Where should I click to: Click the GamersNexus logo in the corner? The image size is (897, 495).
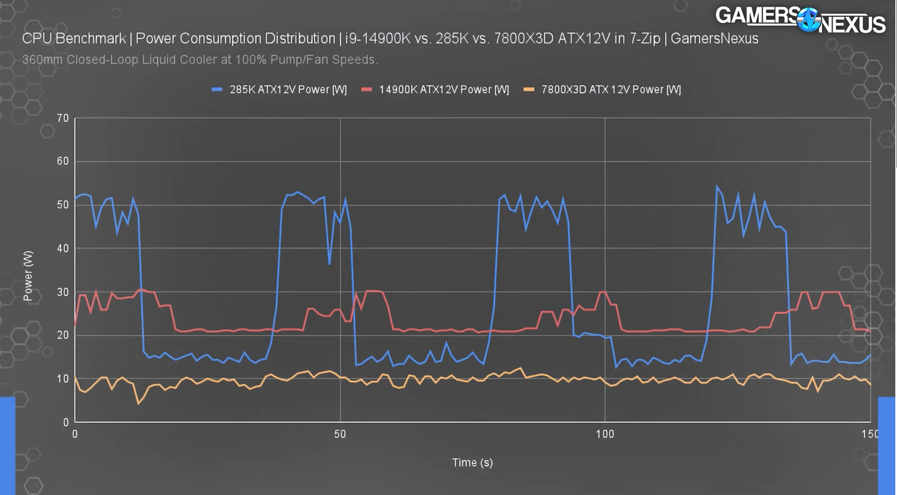[800, 20]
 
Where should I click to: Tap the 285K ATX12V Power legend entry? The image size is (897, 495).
[280, 89]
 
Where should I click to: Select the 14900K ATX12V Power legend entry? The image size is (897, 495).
[436, 89]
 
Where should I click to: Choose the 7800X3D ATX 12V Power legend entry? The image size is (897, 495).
[602, 89]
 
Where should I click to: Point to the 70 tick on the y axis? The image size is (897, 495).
[63, 118]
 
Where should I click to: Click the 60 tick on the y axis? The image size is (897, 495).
[63, 161]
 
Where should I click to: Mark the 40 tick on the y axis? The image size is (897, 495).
[63, 248]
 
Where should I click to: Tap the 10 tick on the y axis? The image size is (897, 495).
[63, 379]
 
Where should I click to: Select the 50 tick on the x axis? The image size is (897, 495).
[340, 434]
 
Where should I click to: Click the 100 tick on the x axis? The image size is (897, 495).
[605, 434]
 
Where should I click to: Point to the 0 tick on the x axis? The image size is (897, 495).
[75, 434]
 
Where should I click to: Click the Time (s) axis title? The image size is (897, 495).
[472, 463]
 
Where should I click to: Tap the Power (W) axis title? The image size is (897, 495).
[28, 276]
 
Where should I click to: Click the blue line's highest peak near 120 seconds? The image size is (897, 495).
[716, 186]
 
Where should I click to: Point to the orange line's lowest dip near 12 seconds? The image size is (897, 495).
[139, 403]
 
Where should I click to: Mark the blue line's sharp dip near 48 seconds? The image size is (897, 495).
[330, 264]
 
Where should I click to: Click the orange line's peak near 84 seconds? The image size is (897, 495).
[521, 368]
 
